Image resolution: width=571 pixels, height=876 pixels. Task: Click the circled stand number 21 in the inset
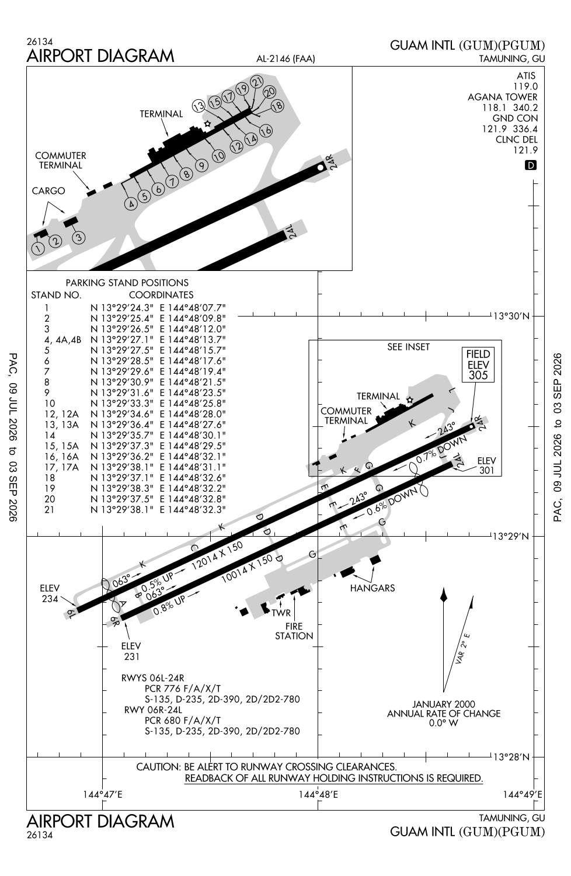256,81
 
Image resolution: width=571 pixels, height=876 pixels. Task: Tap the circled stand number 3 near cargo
79,237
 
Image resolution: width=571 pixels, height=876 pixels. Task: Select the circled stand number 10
218,156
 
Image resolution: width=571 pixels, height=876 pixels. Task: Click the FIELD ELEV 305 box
478,364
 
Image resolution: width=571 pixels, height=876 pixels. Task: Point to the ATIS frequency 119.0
525,86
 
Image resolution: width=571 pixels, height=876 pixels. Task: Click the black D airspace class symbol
530,165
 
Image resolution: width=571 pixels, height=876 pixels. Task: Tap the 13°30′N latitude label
511,315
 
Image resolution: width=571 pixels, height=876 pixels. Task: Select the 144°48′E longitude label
318,794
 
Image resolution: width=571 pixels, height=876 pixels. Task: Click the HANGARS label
372,588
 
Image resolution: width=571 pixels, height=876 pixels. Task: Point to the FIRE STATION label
294,631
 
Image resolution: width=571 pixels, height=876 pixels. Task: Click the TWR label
281,613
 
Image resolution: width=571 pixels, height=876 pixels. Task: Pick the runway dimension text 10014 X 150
247,569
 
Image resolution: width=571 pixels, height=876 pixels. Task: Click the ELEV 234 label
50,593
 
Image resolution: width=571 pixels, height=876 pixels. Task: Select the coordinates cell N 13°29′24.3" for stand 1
121,308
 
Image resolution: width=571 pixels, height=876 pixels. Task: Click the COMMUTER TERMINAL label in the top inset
61,161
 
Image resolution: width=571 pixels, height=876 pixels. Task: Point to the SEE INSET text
408,347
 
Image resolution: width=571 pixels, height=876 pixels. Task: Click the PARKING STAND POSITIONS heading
127,282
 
